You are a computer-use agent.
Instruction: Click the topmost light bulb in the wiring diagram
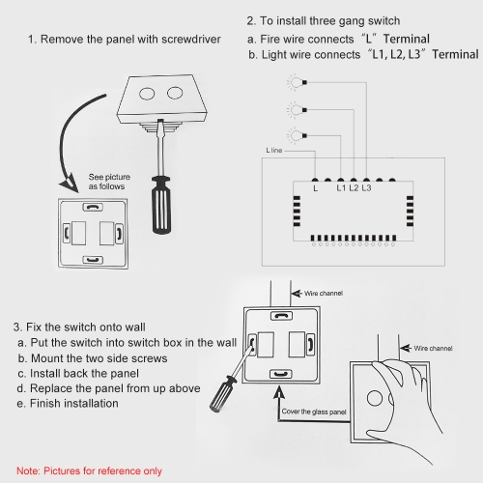click(297, 82)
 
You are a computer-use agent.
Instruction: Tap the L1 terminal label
click(341, 187)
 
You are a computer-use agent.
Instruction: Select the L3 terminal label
click(366, 187)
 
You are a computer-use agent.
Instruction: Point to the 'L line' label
click(274, 151)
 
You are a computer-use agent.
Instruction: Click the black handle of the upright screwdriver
click(161, 205)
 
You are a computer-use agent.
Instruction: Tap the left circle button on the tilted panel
click(147, 94)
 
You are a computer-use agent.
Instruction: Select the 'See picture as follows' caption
click(109, 182)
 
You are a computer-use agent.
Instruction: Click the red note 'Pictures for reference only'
click(89, 470)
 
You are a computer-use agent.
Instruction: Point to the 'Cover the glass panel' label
click(314, 412)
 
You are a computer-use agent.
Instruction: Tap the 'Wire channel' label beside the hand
click(433, 348)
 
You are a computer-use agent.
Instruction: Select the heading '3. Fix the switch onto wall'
click(79, 327)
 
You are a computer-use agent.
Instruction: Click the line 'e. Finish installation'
click(68, 403)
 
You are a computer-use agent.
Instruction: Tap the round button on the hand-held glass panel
click(375, 398)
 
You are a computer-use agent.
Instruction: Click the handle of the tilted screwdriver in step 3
click(222, 393)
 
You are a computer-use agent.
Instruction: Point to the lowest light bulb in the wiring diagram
click(297, 135)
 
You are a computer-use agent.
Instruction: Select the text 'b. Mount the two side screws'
click(93, 358)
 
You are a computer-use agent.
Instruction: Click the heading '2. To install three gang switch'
click(324, 21)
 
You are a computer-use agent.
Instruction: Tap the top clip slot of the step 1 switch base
click(93, 208)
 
